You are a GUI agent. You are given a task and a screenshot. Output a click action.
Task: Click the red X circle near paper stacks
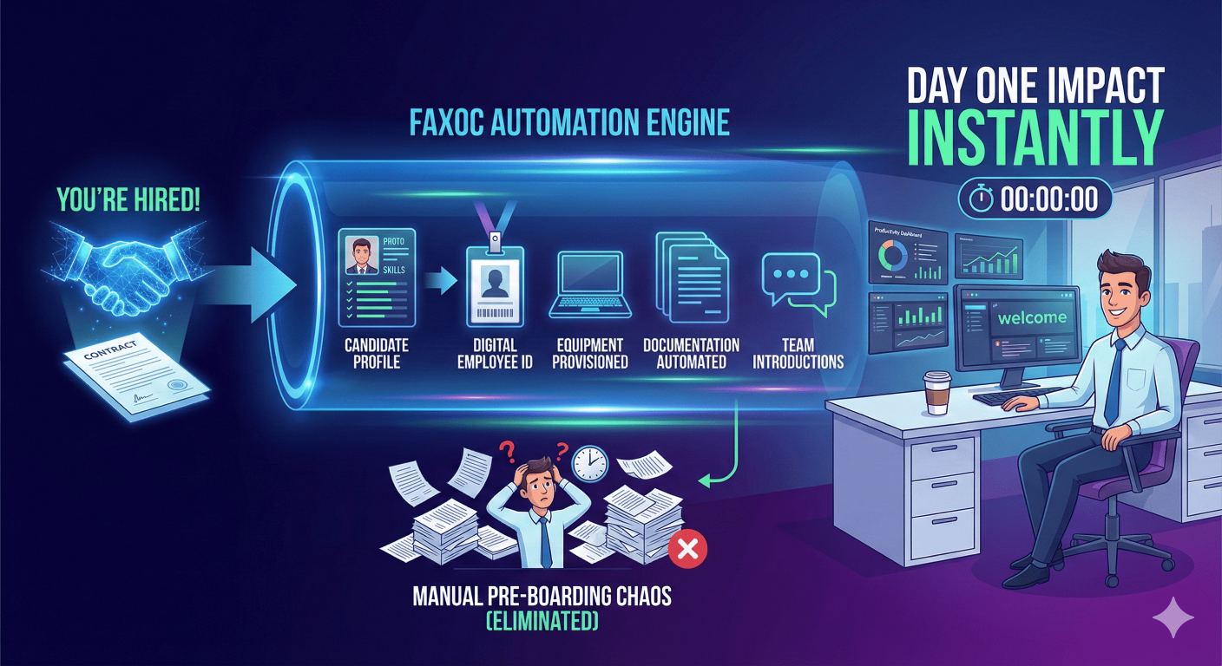tap(688, 548)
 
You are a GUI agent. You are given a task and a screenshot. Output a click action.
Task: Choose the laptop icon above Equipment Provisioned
tap(591, 284)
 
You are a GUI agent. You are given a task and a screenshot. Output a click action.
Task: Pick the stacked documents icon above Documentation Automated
tap(691, 277)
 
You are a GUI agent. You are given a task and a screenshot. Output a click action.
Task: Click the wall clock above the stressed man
tap(591, 463)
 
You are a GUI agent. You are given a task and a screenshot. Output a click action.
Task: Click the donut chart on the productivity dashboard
tap(893, 256)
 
